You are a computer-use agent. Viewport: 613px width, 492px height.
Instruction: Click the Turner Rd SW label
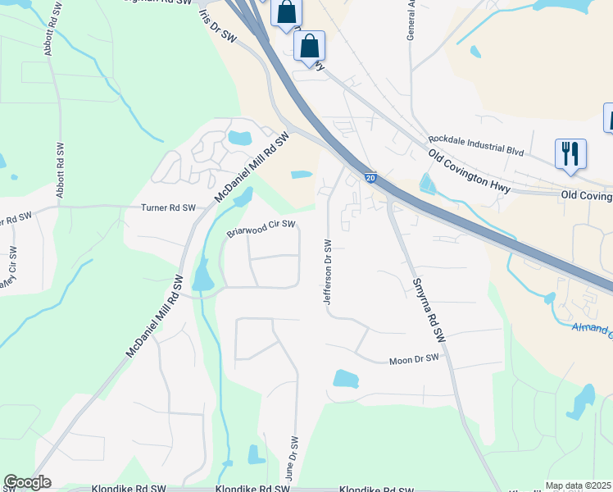tap(169, 208)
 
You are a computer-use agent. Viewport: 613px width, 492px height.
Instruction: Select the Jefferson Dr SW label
tap(327, 272)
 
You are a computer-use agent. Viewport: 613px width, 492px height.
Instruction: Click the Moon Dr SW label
tap(415, 359)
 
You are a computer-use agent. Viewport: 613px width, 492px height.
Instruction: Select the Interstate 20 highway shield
tap(370, 177)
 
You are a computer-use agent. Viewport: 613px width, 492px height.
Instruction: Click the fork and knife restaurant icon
tap(570, 153)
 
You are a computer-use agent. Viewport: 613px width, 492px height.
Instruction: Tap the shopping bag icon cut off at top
tap(286, 12)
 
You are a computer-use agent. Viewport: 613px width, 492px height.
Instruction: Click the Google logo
tap(27, 482)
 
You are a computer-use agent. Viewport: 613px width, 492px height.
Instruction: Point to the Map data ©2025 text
tap(578, 485)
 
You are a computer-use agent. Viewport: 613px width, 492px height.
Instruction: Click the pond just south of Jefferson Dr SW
tap(346, 379)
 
